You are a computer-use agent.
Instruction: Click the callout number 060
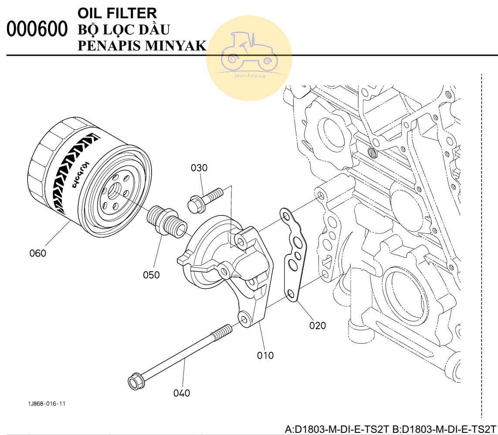[37, 253]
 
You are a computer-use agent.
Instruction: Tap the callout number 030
[199, 168]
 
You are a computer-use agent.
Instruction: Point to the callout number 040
[181, 393]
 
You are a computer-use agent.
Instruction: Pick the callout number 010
[265, 355]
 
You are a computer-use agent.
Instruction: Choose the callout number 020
[317, 325]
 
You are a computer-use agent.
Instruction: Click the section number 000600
[37, 30]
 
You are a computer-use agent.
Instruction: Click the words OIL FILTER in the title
[117, 13]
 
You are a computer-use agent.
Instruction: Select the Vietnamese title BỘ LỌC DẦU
[124, 30]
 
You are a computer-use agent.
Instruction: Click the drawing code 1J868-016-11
[47, 404]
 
